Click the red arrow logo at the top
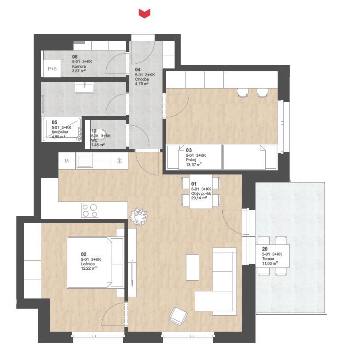[144, 13]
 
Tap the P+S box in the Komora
[52, 69]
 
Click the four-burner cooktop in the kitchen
[90, 210]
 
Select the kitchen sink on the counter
[85, 160]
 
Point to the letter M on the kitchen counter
[66, 161]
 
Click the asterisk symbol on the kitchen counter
[119, 161]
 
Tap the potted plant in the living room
[139, 217]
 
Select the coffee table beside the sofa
[193, 267]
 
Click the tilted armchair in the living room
[178, 316]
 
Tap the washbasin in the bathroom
[84, 88]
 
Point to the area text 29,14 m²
[199, 198]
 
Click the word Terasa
[268, 258]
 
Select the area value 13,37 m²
[194, 165]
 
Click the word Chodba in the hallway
[142, 79]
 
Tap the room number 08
[75, 57]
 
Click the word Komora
[79, 66]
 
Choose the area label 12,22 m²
[89, 268]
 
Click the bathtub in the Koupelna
[62, 129]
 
